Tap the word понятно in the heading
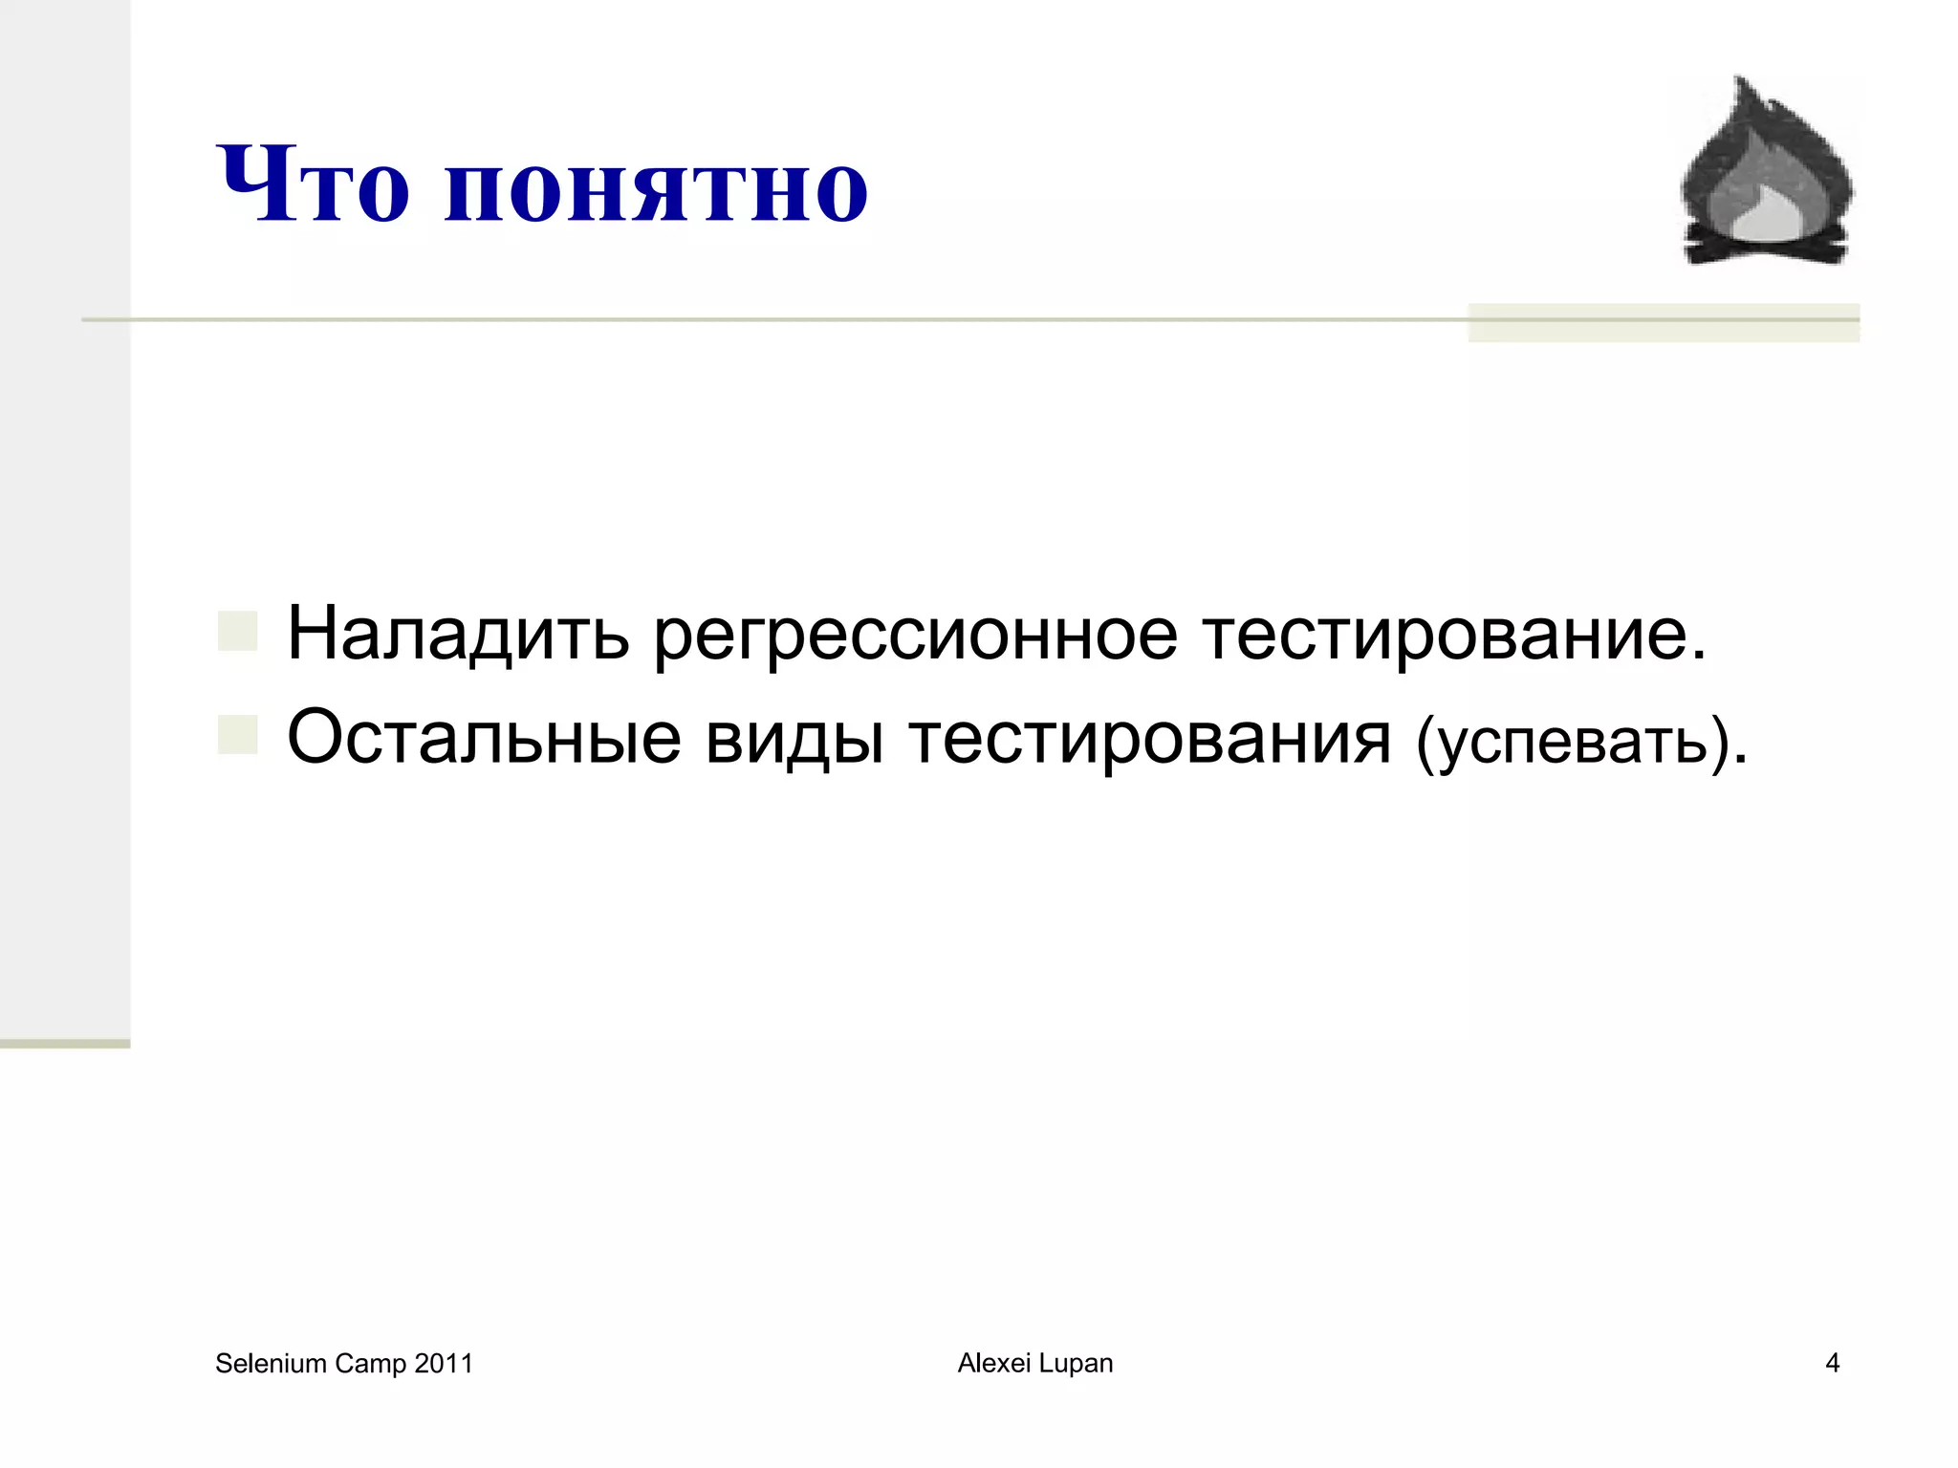(656, 189)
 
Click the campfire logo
(1767, 172)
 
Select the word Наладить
(458, 634)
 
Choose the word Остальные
(484, 738)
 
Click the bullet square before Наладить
(237, 632)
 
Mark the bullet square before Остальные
(237, 735)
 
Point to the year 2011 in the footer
(444, 1364)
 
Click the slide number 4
(1832, 1363)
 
